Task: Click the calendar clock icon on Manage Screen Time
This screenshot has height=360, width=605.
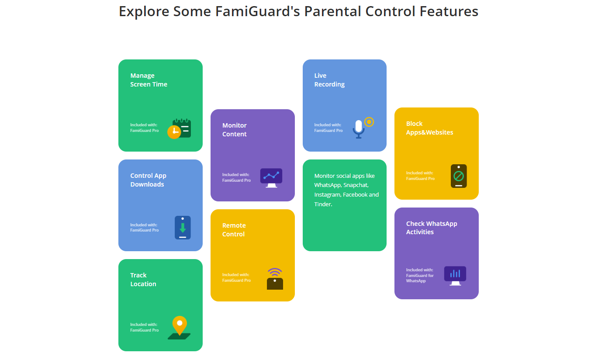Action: coord(179,128)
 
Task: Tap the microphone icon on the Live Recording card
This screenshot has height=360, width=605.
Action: coord(359,129)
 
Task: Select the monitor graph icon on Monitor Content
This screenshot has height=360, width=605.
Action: coord(271,178)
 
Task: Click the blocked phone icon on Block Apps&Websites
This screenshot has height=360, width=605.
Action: coord(459,176)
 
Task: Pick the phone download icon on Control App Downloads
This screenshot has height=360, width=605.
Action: coord(183,227)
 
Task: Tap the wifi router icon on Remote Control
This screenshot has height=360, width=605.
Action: coord(275,279)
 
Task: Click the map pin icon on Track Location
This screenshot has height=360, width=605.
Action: coord(180,328)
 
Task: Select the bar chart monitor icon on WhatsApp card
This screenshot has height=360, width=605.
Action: coord(455,276)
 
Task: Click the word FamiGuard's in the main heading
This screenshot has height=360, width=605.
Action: coord(257,11)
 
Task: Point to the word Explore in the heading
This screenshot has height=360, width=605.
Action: coord(144,12)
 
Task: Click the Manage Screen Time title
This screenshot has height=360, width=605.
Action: coord(149,80)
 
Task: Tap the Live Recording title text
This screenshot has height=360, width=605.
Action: coord(329,80)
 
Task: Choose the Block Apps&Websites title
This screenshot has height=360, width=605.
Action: coord(429,128)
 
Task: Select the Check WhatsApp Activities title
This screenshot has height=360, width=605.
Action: coord(432,228)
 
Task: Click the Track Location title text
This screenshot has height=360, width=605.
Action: coord(143,280)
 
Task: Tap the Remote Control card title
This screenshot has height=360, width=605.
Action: coord(234,229)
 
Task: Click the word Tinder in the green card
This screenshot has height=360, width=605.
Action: coord(323,204)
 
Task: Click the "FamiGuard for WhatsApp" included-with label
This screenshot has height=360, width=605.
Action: coord(420,278)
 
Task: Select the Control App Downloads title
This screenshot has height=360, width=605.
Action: coord(148,180)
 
